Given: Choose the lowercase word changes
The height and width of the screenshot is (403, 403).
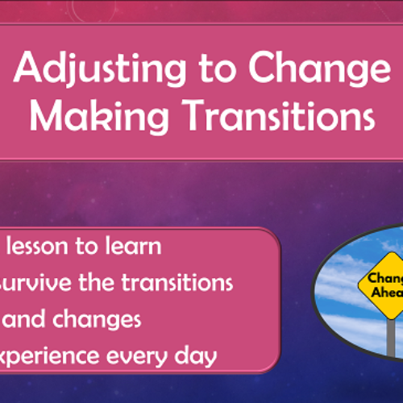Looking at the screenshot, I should coord(100,320).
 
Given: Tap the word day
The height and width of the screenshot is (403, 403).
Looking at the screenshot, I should coord(197,356).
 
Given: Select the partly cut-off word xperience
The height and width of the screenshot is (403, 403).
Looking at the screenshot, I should coord(50,356).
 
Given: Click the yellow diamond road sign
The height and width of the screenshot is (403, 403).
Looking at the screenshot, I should coord(385,285).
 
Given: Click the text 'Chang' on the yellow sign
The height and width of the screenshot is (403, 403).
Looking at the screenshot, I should coord(385,278).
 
